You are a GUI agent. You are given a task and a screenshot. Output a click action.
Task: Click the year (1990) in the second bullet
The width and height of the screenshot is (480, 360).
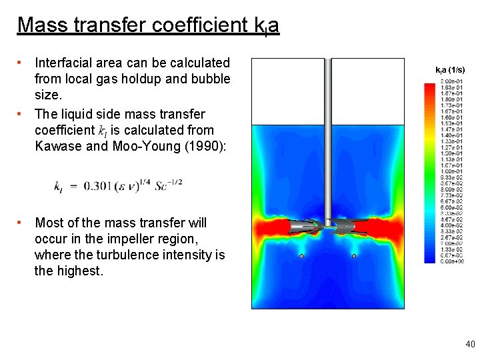(x=201, y=146)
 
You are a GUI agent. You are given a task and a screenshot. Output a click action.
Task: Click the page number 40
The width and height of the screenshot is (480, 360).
(x=470, y=344)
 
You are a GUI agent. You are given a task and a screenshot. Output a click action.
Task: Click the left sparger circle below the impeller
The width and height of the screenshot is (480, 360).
(x=301, y=256)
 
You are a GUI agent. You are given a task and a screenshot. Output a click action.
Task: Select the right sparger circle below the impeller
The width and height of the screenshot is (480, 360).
(x=354, y=256)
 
